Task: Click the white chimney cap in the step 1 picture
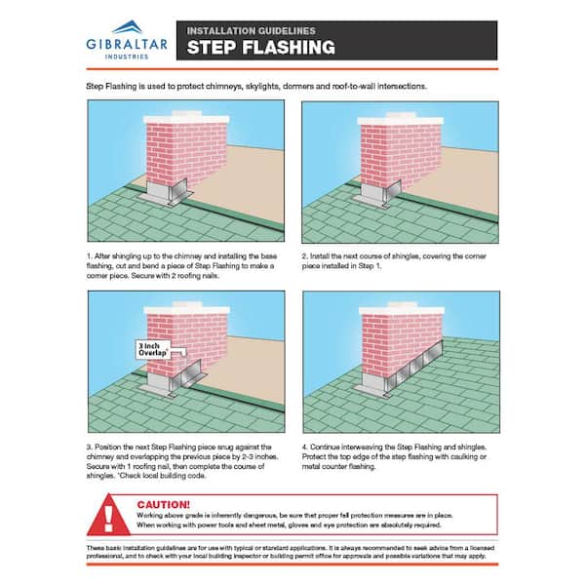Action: (185, 120)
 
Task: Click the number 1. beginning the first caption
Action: (90, 255)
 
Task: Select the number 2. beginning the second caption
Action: (305, 255)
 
